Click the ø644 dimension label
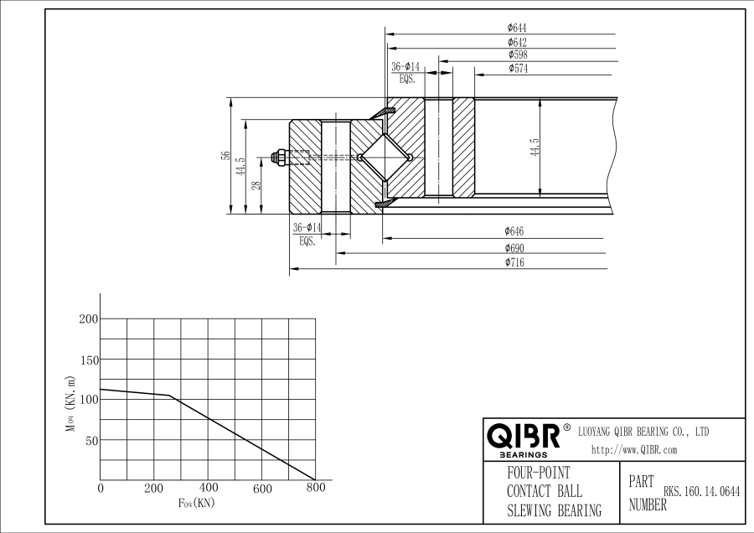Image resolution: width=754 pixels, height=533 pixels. pyautogui.click(x=517, y=28)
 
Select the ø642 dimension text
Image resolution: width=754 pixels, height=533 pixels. pyautogui.click(x=517, y=42)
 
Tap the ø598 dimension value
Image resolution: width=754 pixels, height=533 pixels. pyautogui.click(x=517, y=54)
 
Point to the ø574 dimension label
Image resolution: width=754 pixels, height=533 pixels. pyautogui.click(x=518, y=68)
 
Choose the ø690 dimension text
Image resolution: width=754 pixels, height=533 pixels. pyautogui.click(x=514, y=248)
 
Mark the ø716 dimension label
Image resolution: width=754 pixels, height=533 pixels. pyautogui.click(x=514, y=262)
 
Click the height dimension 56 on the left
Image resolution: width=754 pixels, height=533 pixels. pyautogui.click(x=225, y=156)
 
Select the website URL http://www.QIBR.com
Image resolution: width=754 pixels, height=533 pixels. pyautogui.click(x=634, y=450)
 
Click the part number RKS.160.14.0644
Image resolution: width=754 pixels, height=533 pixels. pyautogui.click(x=702, y=493)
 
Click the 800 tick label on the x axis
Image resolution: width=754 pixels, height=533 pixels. pyautogui.click(x=315, y=488)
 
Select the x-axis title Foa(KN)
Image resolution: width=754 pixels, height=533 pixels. pyautogui.click(x=196, y=503)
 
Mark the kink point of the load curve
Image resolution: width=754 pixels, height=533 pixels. pyautogui.click(x=170, y=396)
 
